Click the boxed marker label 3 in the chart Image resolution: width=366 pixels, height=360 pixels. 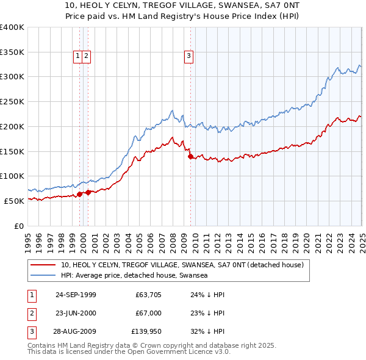point(189,57)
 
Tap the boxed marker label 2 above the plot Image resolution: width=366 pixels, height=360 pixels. point(87,57)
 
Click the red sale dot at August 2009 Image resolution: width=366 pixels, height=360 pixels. point(190,157)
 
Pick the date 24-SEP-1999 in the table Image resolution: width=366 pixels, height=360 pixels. point(76,295)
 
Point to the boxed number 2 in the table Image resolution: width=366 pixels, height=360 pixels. point(32,313)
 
